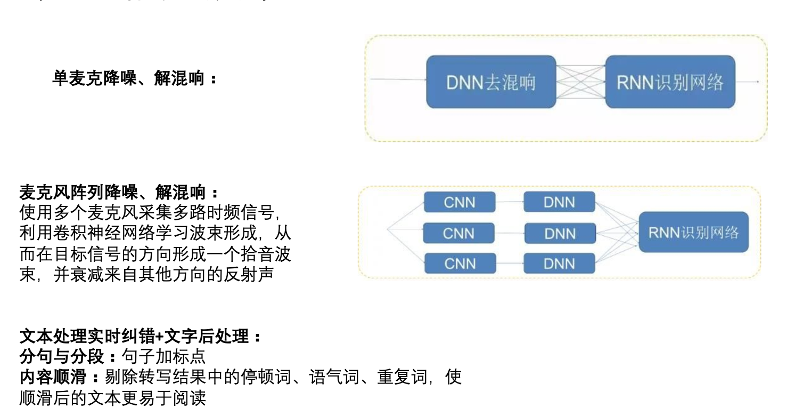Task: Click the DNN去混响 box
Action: coord(491,82)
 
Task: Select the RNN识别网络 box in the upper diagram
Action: coord(670,82)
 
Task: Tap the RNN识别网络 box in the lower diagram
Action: coord(693,233)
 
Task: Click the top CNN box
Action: coord(460,203)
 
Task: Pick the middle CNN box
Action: coord(458,233)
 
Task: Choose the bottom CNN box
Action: coord(460,264)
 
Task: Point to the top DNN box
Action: coord(559,203)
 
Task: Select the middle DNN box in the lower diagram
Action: coord(560,233)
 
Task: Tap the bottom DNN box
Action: coord(559,264)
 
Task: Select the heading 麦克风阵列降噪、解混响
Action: coord(119,192)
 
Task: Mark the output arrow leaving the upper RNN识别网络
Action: coord(747,82)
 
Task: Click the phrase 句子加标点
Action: coord(163,357)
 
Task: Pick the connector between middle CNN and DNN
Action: coord(510,233)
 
